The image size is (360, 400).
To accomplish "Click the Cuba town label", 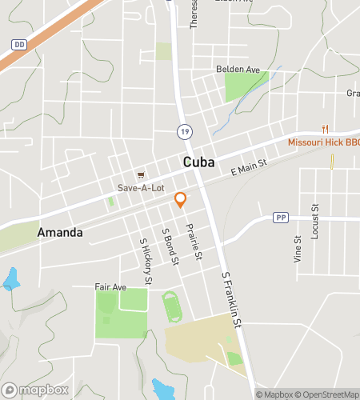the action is coord(198,162).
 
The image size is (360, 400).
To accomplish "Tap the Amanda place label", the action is coord(59,233).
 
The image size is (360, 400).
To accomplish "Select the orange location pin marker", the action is coord(181,200).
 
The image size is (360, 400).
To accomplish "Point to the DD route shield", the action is coord(20,46).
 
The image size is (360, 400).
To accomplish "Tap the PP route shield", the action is coord(280,217).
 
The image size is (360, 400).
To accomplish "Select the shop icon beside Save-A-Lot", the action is coord(141,174).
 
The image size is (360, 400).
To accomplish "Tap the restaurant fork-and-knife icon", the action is coord(324,129).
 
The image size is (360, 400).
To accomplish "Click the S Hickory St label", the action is coord(146,261).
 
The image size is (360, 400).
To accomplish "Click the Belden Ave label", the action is coord(238,70).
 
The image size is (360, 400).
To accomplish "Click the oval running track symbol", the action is coord(171,305).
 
